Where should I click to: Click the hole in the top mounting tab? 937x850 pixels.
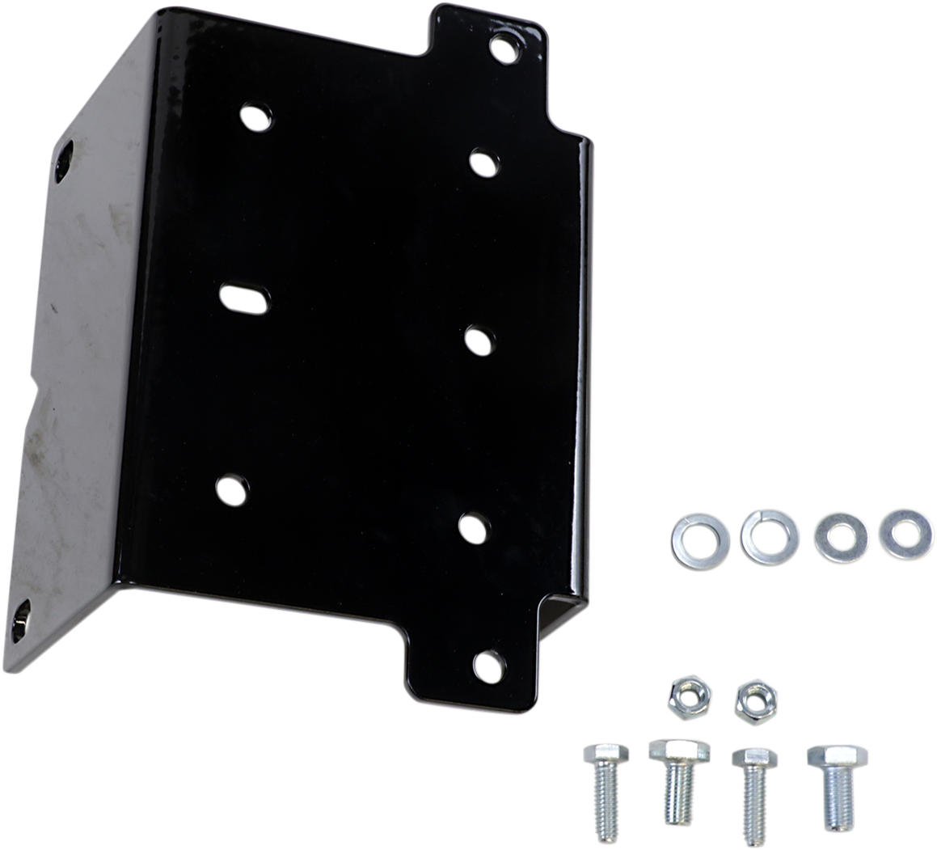504,49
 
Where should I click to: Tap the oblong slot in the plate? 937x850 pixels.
243,298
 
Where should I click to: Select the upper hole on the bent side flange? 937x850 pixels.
63,160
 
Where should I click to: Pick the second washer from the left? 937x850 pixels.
770,538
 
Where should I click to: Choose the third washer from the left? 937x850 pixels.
842,538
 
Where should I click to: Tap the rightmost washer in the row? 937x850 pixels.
906,535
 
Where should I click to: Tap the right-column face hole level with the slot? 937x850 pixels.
479,340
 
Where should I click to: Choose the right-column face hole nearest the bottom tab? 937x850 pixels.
474,527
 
